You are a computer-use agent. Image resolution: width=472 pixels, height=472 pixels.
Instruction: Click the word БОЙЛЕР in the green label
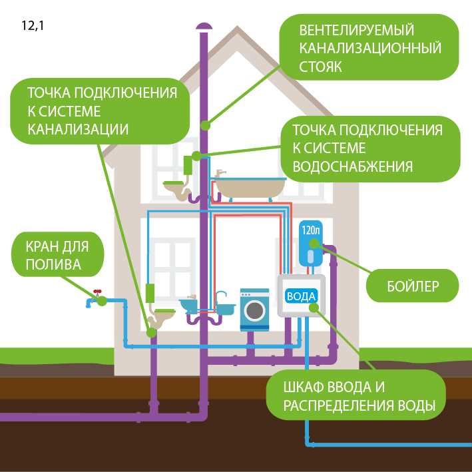click(x=413, y=288)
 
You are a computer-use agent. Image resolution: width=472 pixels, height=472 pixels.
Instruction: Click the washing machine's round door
click(x=254, y=310)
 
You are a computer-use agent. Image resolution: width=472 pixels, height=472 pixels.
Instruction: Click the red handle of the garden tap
click(x=97, y=292)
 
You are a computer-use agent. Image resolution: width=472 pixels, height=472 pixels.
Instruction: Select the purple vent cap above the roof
click(x=204, y=25)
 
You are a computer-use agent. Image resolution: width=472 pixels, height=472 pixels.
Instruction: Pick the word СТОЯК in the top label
click(x=320, y=67)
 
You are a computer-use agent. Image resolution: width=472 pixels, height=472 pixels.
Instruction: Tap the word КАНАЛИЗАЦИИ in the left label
click(x=78, y=128)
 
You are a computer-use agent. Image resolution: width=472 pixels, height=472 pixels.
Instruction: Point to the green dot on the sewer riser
click(x=205, y=124)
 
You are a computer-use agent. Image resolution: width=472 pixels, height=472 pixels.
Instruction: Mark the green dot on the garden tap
click(x=102, y=301)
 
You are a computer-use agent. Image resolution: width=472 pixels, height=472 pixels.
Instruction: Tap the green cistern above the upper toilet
click(x=188, y=164)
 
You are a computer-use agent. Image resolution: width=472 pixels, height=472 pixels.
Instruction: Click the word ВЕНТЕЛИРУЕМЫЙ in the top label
click(x=357, y=31)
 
